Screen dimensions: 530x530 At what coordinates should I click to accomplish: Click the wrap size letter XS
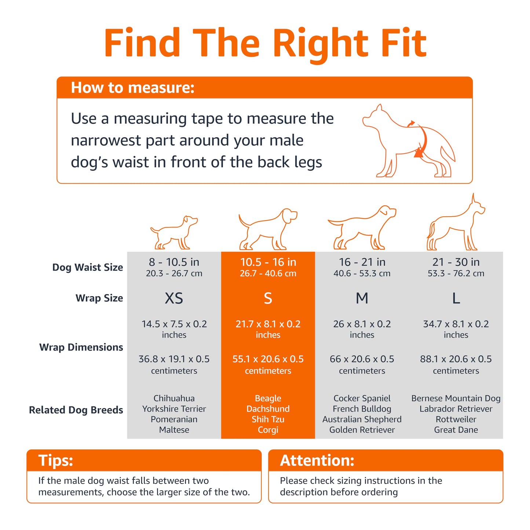click(174, 298)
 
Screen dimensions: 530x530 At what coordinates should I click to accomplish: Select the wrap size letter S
click(268, 298)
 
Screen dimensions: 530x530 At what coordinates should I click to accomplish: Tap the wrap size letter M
click(362, 298)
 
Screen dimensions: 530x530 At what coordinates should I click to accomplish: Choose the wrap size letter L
click(456, 298)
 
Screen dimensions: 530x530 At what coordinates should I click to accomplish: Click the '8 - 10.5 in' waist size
click(174, 262)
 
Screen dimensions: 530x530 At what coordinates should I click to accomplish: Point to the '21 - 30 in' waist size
click(456, 262)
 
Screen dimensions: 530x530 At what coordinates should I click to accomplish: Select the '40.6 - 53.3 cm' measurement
click(362, 273)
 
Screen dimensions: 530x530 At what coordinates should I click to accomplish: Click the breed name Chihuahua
click(174, 398)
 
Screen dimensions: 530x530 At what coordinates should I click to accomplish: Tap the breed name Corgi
click(268, 430)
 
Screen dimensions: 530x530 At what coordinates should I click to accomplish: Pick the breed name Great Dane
click(456, 430)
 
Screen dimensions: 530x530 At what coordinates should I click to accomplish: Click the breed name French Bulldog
click(362, 409)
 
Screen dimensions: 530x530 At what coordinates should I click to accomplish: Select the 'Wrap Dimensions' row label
click(81, 347)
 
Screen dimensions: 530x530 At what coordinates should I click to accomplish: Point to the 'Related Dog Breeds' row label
click(76, 410)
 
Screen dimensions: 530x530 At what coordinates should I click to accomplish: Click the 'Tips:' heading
click(56, 460)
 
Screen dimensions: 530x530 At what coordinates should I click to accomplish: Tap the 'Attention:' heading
click(317, 460)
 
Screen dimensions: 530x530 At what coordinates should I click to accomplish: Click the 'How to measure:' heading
click(132, 87)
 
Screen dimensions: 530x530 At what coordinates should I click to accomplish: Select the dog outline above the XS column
click(174, 233)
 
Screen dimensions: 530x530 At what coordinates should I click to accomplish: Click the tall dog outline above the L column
click(456, 222)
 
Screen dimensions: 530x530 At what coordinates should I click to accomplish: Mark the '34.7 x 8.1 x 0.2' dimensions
click(456, 324)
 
